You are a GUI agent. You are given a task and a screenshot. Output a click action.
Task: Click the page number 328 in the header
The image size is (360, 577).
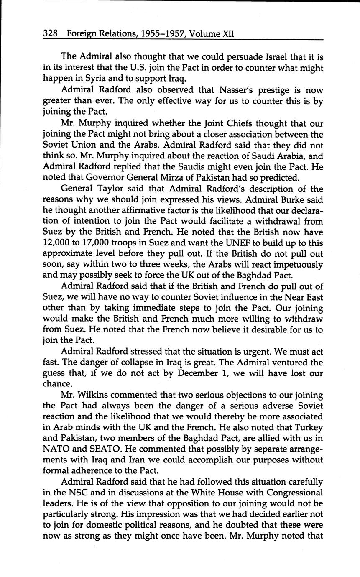click(51, 33)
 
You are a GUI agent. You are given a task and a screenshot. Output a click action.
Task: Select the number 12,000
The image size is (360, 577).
click(57, 243)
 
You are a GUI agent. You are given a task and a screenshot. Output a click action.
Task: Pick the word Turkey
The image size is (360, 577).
click(309, 427)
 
